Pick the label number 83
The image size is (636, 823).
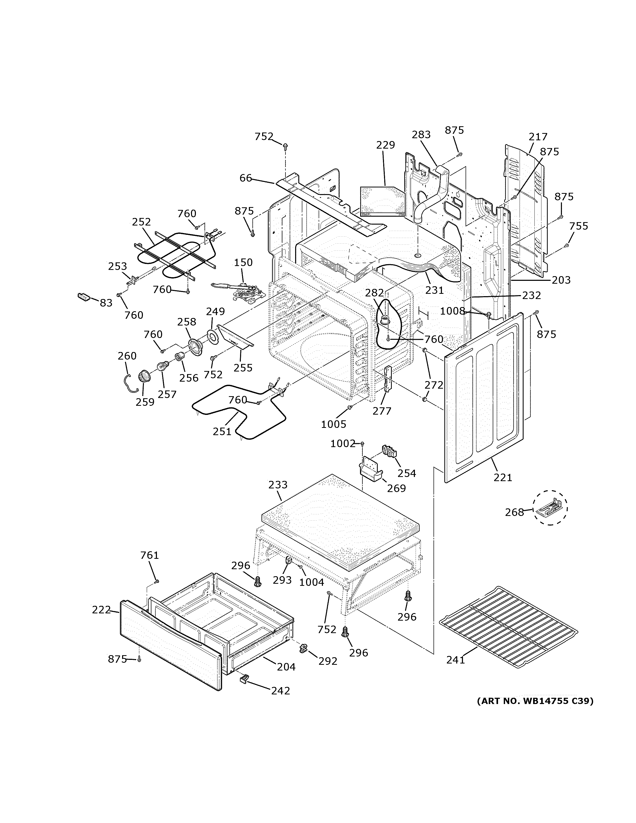pyautogui.click(x=106, y=303)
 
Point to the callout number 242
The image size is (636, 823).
pyautogui.click(x=281, y=691)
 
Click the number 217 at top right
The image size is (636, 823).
pyautogui.click(x=538, y=137)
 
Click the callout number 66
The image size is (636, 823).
pyautogui.click(x=246, y=178)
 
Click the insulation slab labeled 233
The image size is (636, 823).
pyautogui.click(x=339, y=524)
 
